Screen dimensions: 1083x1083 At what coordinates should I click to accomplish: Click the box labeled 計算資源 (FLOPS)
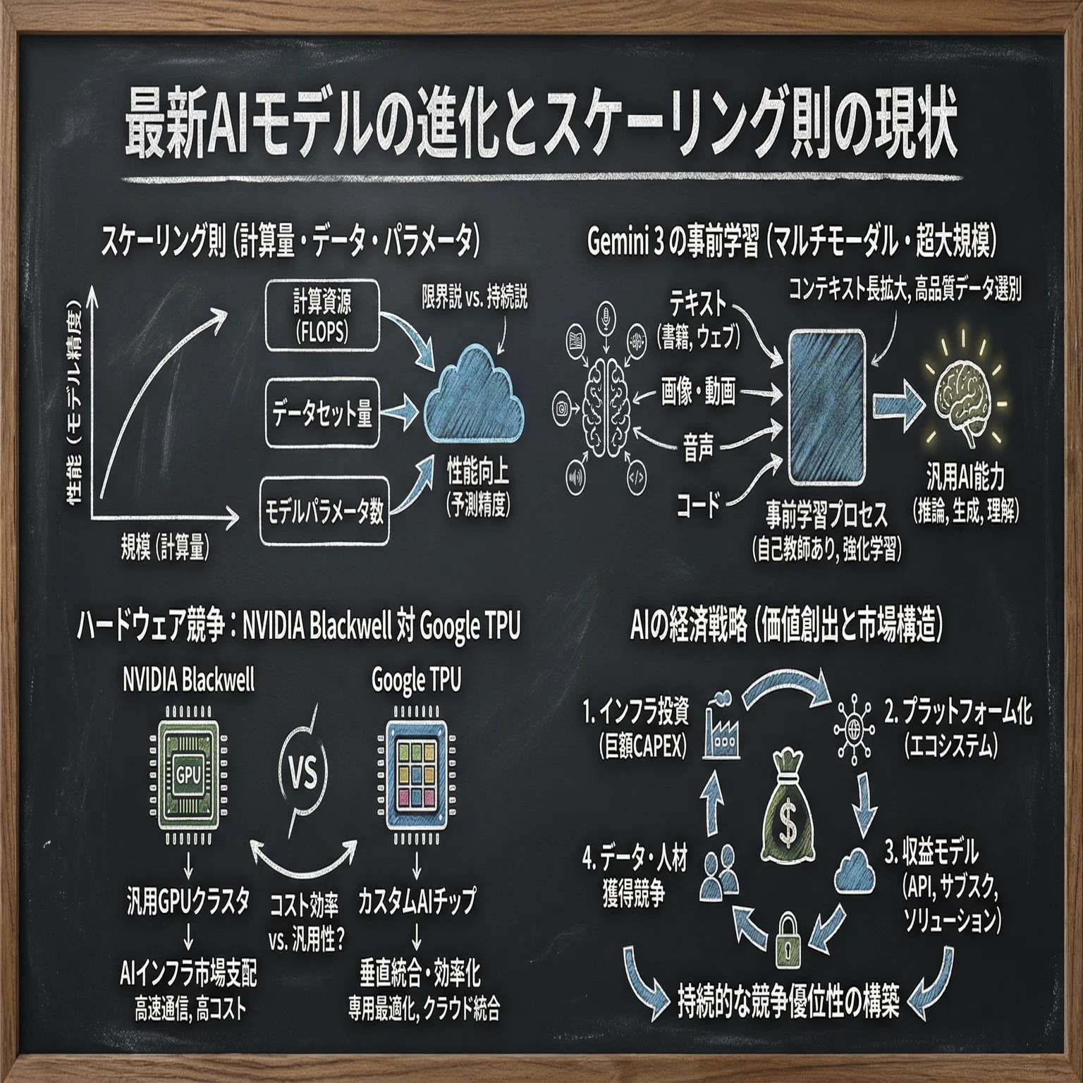(x=322, y=316)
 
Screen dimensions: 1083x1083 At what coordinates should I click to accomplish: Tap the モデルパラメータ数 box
(x=324, y=511)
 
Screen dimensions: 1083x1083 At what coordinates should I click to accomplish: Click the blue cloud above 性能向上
(x=475, y=399)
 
